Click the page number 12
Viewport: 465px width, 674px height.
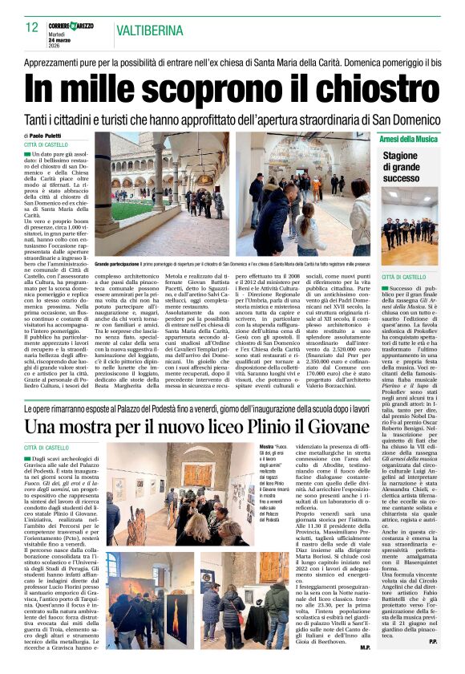tap(32, 28)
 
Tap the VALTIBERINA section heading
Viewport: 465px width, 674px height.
tap(150, 31)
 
